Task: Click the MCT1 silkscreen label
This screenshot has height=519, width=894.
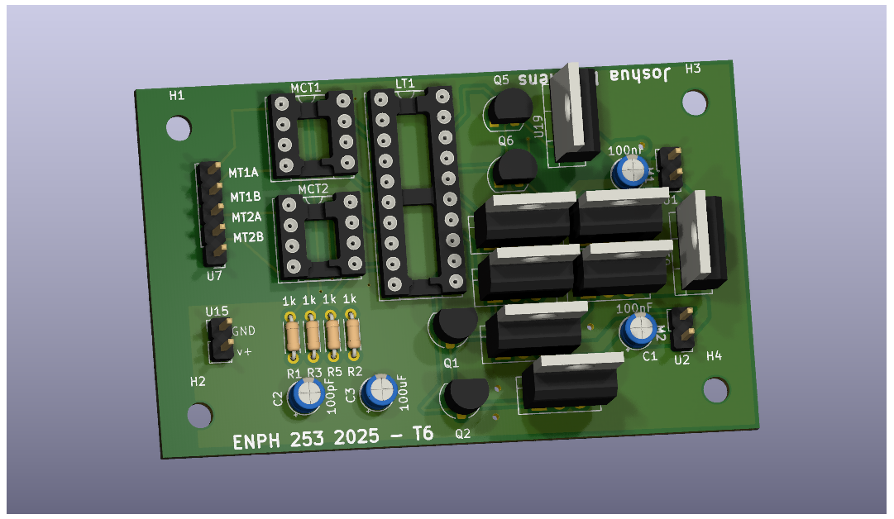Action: tap(305, 88)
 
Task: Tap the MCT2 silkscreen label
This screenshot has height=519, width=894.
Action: tap(313, 188)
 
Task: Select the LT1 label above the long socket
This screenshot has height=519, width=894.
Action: tap(405, 83)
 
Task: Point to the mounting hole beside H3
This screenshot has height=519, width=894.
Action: tap(695, 102)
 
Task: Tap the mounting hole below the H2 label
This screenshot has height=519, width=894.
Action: tap(199, 416)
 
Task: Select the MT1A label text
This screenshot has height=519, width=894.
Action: tap(244, 174)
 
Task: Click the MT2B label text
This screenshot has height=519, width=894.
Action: tap(248, 238)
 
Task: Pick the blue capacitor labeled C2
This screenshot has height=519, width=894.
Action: tap(306, 394)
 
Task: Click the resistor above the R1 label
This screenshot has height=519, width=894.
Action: tap(292, 336)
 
